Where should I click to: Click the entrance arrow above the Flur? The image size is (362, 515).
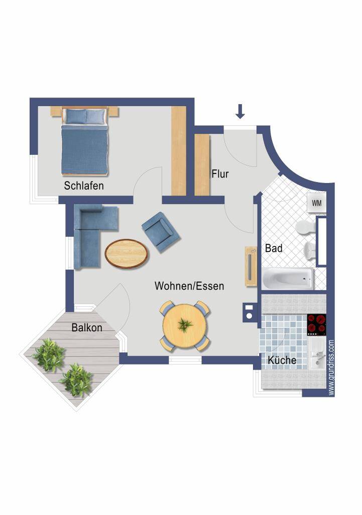(240, 111)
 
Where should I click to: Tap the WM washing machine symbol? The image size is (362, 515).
(316, 203)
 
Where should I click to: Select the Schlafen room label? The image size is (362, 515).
(84, 186)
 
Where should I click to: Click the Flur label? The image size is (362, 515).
(220, 174)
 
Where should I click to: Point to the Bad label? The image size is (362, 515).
(274, 248)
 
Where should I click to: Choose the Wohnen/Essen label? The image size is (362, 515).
(189, 286)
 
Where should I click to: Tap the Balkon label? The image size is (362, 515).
(87, 327)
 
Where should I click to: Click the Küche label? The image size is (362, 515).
(282, 360)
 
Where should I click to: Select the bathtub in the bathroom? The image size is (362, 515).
(288, 279)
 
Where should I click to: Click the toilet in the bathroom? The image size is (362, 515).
(306, 227)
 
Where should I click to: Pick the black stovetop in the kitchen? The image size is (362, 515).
(316, 325)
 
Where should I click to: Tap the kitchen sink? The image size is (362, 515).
(317, 357)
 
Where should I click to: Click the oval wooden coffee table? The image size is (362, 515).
(127, 254)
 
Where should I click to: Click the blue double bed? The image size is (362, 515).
(84, 141)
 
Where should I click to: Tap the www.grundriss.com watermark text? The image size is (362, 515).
(331, 368)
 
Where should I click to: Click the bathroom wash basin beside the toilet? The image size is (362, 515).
(310, 251)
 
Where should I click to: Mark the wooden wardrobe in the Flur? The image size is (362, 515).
(202, 165)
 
